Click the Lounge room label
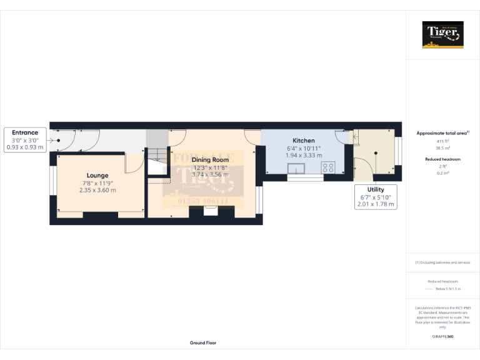tap(97, 175)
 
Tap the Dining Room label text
tap(210, 160)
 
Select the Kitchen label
tap(304, 141)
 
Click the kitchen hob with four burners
tap(328, 167)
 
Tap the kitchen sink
tap(294, 168)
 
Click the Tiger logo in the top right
tap(442, 34)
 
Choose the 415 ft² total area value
tap(442, 141)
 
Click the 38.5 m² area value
tap(442, 149)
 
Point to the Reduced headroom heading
tap(442, 159)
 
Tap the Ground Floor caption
tap(203, 342)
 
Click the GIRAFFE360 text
tap(442, 337)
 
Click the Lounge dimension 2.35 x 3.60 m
tap(97, 190)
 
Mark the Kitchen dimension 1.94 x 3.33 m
tap(304, 156)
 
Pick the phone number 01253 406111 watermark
tap(201, 201)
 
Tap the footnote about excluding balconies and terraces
tap(442, 262)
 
